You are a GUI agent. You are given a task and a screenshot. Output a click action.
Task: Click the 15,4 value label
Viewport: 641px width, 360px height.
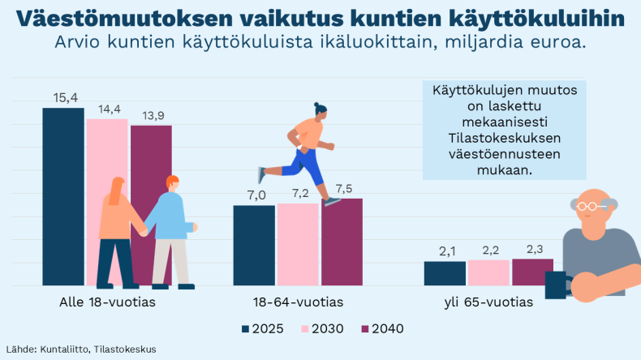click(x=65, y=97)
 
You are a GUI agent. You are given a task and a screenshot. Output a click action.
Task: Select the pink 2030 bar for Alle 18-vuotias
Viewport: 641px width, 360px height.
click(x=107, y=154)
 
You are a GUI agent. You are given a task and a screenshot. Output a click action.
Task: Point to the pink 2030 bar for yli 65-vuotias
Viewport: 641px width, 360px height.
click(x=488, y=272)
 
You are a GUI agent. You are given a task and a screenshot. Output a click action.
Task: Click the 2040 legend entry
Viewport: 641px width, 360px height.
click(x=382, y=328)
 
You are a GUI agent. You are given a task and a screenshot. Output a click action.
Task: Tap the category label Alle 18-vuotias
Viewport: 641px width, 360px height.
click(x=107, y=302)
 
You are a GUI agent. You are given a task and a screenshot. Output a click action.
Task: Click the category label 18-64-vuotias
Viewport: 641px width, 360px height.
click(x=297, y=302)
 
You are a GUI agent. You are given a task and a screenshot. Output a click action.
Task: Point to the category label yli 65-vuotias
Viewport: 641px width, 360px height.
click(x=488, y=302)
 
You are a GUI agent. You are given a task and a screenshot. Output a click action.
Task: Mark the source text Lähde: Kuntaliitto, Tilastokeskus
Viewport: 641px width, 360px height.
click(x=81, y=349)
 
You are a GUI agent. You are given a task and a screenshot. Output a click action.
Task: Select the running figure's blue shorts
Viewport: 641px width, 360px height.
click(x=309, y=162)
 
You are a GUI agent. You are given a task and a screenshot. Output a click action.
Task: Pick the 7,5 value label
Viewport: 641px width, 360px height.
click(x=342, y=189)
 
